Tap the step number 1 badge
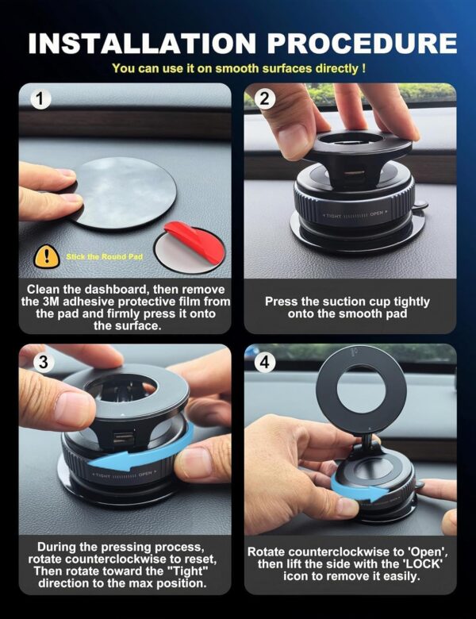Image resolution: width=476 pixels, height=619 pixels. [x=40, y=100]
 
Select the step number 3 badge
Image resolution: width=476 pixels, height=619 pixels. [x=40, y=362]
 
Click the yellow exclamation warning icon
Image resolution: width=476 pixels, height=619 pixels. [x=47, y=256]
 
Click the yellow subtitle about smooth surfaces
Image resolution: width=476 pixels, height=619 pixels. [x=238, y=69]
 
